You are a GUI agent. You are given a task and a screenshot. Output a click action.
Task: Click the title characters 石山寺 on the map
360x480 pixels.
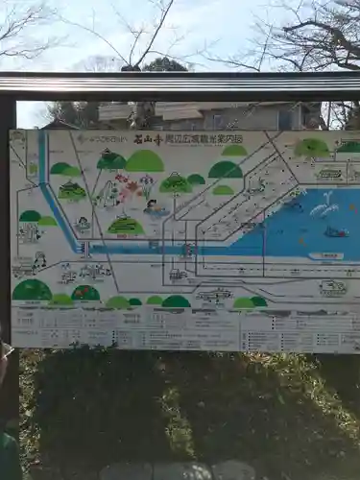pyautogui.click(x=147, y=139)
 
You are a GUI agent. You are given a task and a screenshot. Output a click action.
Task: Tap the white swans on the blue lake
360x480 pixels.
pyautogui.click(x=324, y=204)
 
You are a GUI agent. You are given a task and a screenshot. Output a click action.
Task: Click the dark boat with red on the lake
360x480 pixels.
pyautogui.click(x=335, y=231)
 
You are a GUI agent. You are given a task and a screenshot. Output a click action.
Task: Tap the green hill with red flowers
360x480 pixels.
pyautogui.click(x=85, y=293)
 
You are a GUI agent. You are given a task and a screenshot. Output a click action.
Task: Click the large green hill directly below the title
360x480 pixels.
pyautogui.click(x=145, y=161)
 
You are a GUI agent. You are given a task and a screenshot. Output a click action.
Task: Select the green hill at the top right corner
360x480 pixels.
pyautogui.click(x=311, y=148)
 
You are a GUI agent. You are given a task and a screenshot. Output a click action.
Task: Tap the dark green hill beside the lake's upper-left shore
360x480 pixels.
pyautogui.click(x=226, y=170)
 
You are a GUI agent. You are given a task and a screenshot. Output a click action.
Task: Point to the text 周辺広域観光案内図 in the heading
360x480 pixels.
pyautogui.click(x=204, y=139)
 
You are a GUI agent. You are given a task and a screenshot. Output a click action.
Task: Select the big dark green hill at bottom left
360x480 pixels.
pyautogui.click(x=32, y=290)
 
